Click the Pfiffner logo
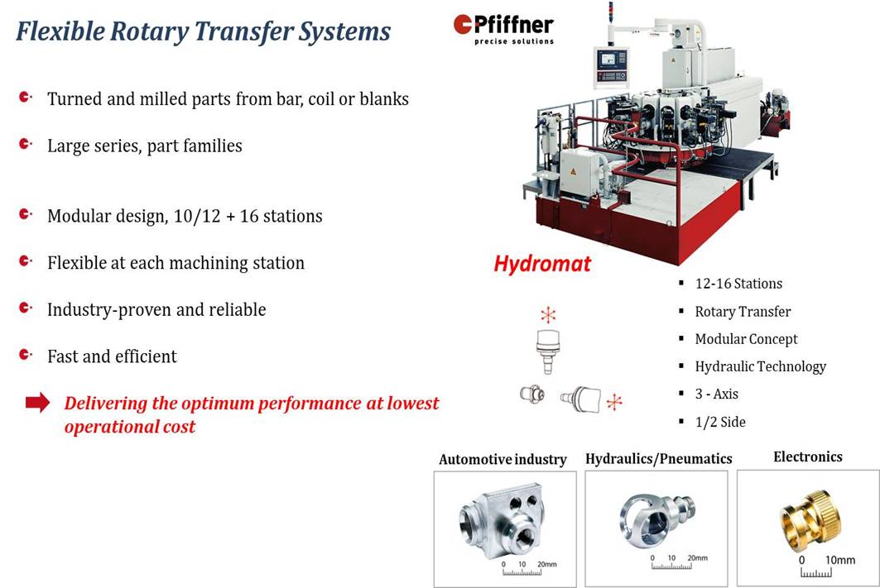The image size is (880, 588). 503,29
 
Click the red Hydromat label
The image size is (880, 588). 542,264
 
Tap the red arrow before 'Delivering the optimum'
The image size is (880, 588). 37,403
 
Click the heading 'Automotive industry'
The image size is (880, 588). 503,460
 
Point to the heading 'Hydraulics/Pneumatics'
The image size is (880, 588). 659,459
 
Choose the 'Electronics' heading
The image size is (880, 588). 808,457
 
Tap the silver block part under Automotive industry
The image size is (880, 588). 502,521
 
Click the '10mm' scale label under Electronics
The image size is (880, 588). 840,560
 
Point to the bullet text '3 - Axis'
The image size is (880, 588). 717,394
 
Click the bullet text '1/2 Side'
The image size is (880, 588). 720,422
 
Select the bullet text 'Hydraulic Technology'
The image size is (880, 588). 761,366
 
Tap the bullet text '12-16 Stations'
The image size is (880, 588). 738,284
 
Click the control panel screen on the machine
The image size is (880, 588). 608,59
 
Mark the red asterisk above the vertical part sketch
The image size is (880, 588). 548,314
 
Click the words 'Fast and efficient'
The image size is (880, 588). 112,356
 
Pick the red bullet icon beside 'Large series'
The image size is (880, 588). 26,144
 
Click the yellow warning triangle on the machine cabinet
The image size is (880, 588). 573,171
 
